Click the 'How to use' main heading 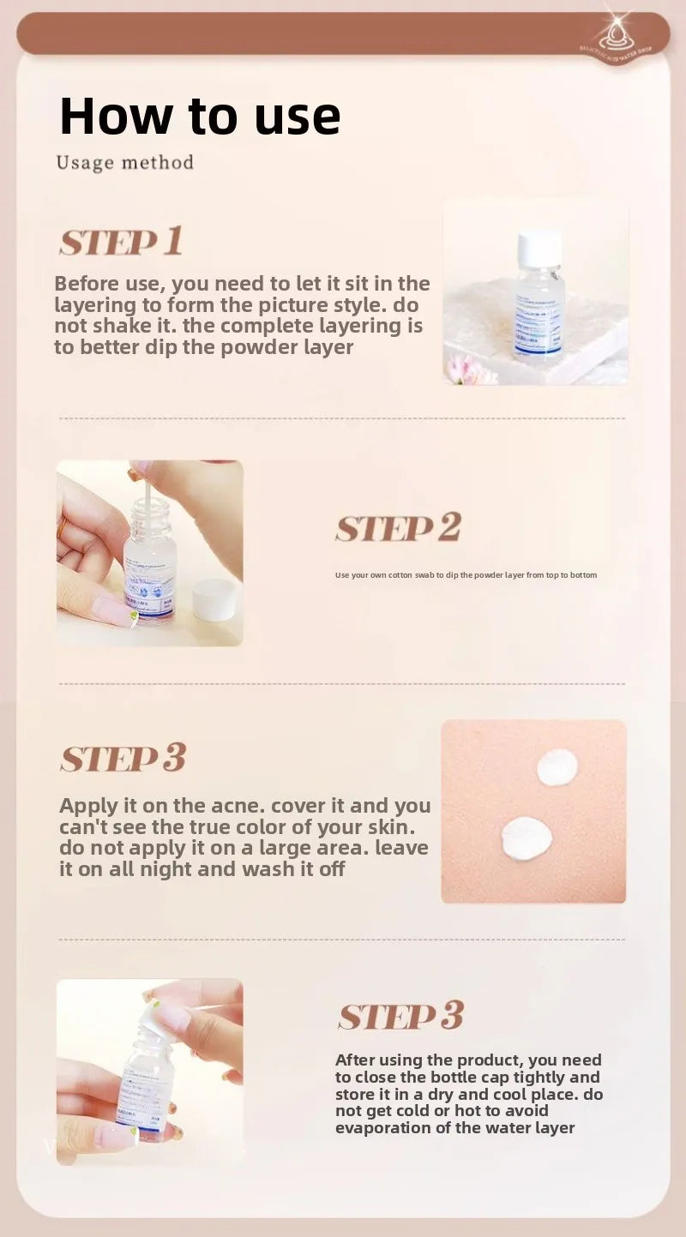coord(200,116)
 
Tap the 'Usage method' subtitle coord(125,162)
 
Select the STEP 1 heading coord(121,243)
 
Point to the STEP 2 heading coord(398,528)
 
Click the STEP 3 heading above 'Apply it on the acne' coord(123,759)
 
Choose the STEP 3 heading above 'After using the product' coord(400,1016)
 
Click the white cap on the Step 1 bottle coord(539,248)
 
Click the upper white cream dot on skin coord(557,766)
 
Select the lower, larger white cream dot coord(527,838)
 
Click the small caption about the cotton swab coord(466,574)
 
